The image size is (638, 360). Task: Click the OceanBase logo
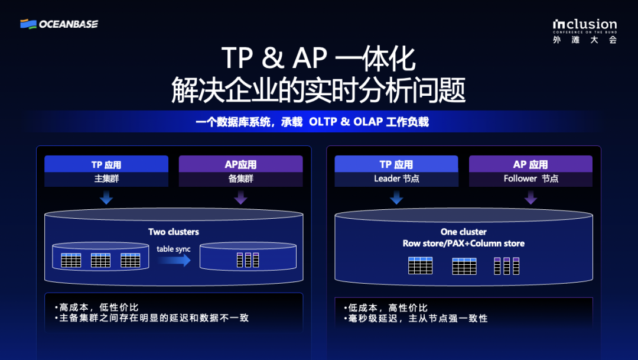click(x=59, y=24)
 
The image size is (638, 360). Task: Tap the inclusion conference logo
click(x=585, y=31)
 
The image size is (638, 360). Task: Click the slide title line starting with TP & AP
click(x=318, y=59)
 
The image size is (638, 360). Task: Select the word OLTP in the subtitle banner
click(x=323, y=122)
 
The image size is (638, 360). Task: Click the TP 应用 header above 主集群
click(x=106, y=164)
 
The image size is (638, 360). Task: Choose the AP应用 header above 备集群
click(x=241, y=164)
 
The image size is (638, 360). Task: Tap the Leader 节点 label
click(x=396, y=179)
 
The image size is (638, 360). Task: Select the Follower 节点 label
click(x=530, y=179)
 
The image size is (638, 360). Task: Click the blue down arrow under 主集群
click(x=106, y=197)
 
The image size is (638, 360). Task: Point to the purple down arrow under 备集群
click(x=241, y=197)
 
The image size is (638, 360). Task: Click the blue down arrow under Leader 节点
click(x=396, y=197)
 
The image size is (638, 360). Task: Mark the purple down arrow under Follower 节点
click(x=530, y=197)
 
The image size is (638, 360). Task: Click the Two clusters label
click(x=174, y=232)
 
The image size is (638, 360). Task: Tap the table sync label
click(x=174, y=249)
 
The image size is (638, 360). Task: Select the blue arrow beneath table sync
click(x=174, y=260)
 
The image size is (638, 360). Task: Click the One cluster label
click(x=464, y=232)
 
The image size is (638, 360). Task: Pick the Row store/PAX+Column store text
click(x=464, y=243)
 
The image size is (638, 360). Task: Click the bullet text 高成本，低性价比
click(x=99, y=307)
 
